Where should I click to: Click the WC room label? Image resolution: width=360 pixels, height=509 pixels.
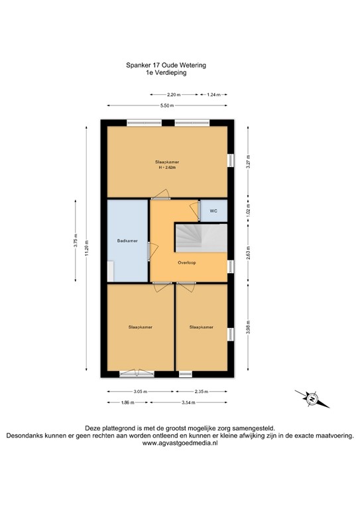[x=213, y=211]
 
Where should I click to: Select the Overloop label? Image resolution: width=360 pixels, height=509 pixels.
[x=186, y=263]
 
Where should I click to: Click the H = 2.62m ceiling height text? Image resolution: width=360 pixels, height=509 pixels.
[x=167, y=168]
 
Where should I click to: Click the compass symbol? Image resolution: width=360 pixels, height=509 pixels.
[x=309, y=398]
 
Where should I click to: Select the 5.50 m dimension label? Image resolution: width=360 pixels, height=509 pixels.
[x=167, y=106]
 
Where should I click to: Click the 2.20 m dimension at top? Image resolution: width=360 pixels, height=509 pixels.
[x=174, y=95]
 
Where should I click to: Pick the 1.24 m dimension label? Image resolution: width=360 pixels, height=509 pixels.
[x=213, y=95]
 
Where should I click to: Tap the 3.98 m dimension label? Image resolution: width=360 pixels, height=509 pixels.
[x=248, y=328]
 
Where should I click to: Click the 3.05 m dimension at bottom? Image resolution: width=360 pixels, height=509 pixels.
[x=140, y=392]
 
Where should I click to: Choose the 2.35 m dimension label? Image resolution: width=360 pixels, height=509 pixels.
[x=202, y=392]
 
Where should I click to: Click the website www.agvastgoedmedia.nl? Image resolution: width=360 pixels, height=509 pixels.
[x=180, y=443]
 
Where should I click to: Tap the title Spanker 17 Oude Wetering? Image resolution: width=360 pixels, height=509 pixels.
[x=166, y=66]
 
